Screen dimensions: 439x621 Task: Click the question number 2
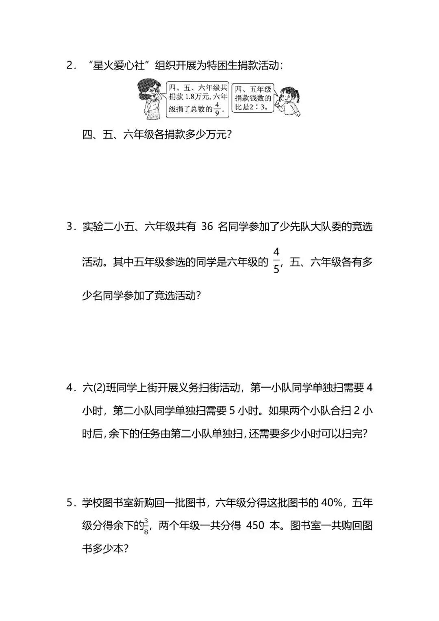(x=69, y=65)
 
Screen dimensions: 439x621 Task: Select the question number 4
(x=69, y=388)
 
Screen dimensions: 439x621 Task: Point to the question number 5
(x=69, y=503)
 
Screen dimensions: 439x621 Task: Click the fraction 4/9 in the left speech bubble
(x=217, y=109)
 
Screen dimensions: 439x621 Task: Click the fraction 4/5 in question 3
(x=276, y=261)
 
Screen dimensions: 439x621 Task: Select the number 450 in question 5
(x=255, y=526)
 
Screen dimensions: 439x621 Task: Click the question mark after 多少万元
(x=228, y=135)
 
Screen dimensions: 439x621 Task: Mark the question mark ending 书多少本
(x=126, y=549)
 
